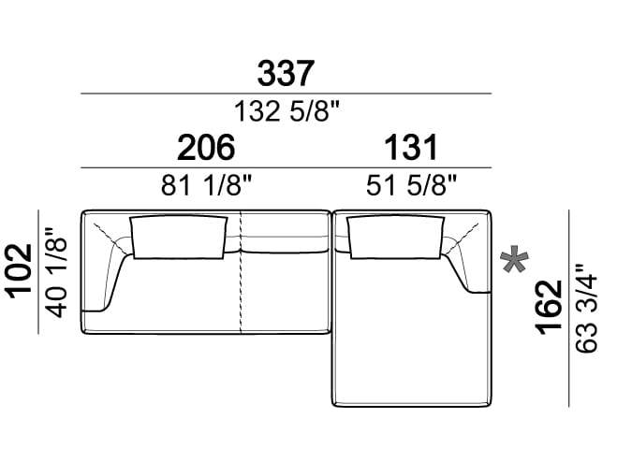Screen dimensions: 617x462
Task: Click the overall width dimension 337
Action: pyautogui.click(x=286, y=74)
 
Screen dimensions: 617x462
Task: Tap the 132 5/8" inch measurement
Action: pyautogui.click(x=286, y=111)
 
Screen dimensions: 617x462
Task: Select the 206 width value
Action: pyautogui.click(x=206, y=148)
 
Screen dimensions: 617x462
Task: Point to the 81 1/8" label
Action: pyautogui.click(x=206, y=185)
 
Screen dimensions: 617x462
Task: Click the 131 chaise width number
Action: pyautogui.click(x=411, y=148)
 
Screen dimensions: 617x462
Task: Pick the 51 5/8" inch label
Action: pyautogui.click(x=411, y=185)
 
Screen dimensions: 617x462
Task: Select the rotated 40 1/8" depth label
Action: pyautogui.click(x=56, y=272)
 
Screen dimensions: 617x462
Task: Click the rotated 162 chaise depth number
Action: pyautogui.click(x=550, y=307)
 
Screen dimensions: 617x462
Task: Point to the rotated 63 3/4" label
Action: pyautogui.click(x=586, y=308)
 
